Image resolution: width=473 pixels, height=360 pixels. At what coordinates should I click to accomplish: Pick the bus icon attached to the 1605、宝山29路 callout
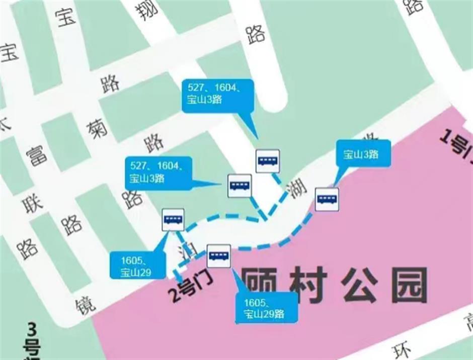pos(219,255)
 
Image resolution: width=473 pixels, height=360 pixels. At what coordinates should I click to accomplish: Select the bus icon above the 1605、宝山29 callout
pos(173,219)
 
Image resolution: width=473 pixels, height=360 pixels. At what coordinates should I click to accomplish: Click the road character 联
pos(31,206)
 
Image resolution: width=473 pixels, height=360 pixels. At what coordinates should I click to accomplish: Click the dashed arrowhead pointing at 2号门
pos(178,275)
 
